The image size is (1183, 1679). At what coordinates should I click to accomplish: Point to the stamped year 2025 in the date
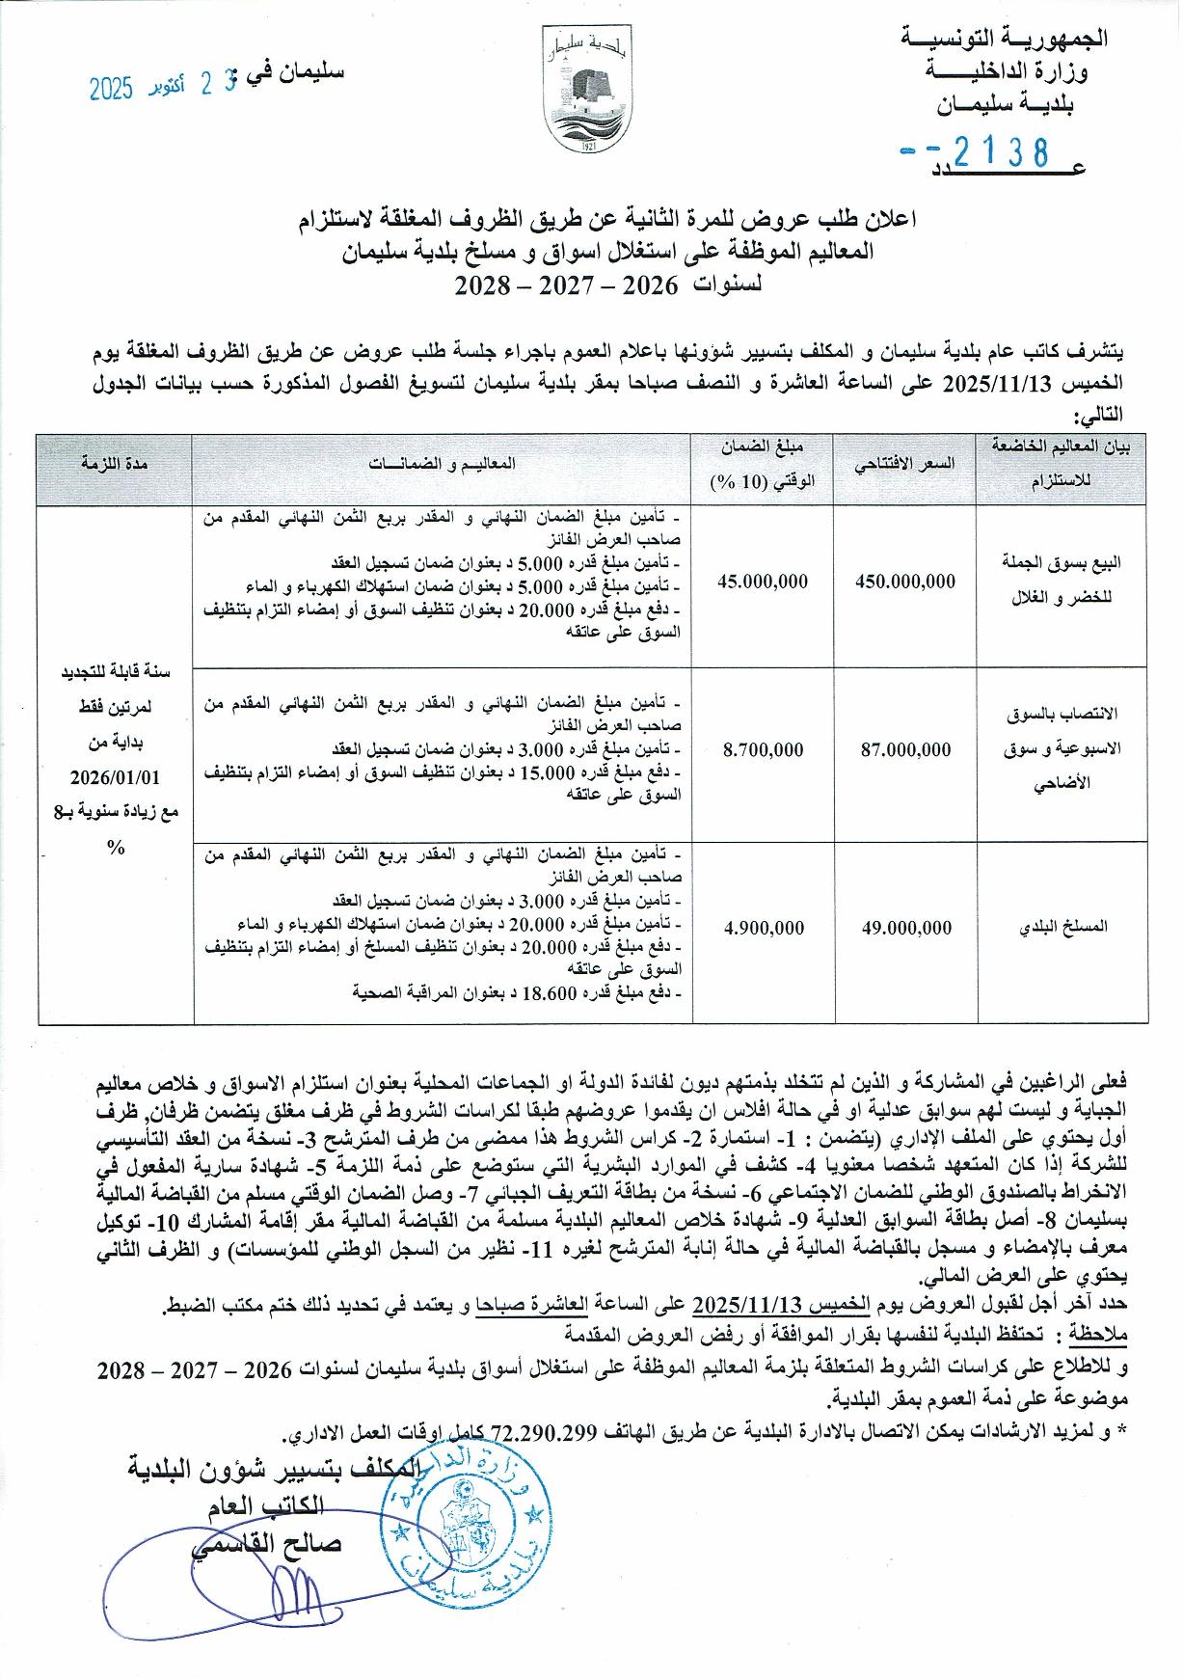click(110, 89)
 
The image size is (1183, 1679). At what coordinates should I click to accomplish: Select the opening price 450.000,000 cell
click(905, 582)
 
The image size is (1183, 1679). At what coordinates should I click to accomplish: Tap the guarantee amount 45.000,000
click(763, 582)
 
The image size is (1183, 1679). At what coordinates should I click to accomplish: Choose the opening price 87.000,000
click(905, 749)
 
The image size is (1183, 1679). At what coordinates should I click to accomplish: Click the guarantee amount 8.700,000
click(763, 749)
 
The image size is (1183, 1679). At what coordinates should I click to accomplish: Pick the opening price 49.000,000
click(905, 928)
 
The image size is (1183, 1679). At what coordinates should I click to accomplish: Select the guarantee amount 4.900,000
click(763, 928)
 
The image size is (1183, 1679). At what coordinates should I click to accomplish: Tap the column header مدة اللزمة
click(114, 464)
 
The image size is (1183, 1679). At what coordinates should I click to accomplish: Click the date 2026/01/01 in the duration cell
click(115, 776)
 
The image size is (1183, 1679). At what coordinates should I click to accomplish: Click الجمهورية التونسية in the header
click(1004, 40)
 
